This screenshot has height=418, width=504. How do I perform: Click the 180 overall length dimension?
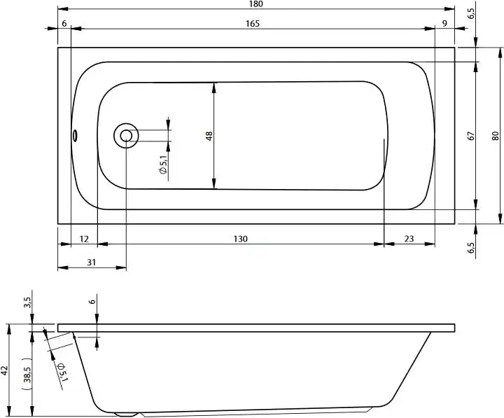[x=255, y=5]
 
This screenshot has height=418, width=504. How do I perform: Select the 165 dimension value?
[x=253, y=23]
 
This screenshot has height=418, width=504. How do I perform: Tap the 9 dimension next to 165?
[x=445, y=23]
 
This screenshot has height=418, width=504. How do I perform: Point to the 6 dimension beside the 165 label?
[x=64, y=23]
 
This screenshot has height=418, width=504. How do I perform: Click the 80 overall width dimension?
[x=496, y=137]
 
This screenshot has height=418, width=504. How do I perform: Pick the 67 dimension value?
[x=472, y=137]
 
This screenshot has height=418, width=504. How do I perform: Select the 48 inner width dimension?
[x=209, y=136]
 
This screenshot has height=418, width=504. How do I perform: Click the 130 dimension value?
[x=240, y=239]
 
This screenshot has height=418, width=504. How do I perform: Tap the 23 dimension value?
[x=409, y=239]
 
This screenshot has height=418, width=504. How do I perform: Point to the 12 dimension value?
[x=84, y=239]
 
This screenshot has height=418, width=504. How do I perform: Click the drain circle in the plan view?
[x=126, y=136]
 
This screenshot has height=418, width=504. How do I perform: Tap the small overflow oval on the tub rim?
[x=74, y=136]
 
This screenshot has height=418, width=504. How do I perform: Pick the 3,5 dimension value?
[x=28, y=302]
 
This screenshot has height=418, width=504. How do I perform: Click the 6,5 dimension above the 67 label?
[x=471, y=13]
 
